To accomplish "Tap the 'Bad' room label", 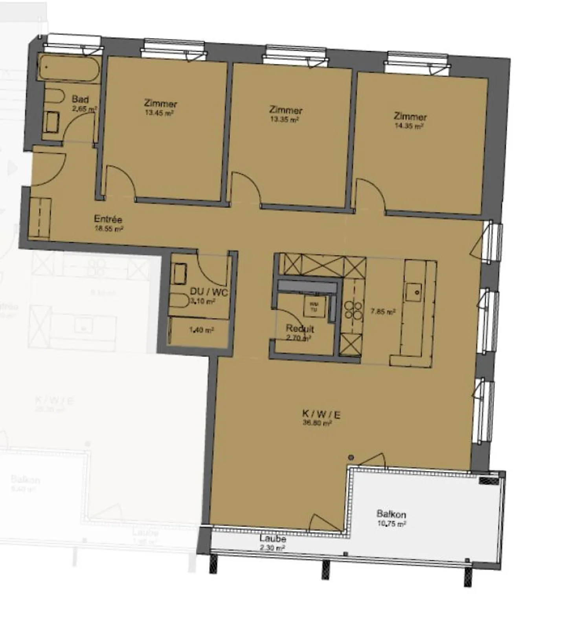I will point(80,99).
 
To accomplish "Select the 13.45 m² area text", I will point(159,113).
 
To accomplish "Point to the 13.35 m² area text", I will point(284,119).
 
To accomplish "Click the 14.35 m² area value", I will point(409,126).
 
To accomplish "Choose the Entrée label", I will point(108,219).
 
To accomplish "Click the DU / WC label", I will point(208,292).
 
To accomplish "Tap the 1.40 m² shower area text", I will point(201,330).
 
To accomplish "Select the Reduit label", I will point(300,328).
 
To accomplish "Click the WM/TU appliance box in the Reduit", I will point(314,306).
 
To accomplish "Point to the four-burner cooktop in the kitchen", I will point(353,310).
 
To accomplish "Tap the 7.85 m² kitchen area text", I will point(383,312).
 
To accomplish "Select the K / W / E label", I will point(321,414).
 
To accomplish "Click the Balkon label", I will point(391,514).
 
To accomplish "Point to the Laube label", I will point(272,539).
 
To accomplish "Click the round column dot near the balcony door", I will point(351,457).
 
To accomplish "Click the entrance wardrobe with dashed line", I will point(40,218).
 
